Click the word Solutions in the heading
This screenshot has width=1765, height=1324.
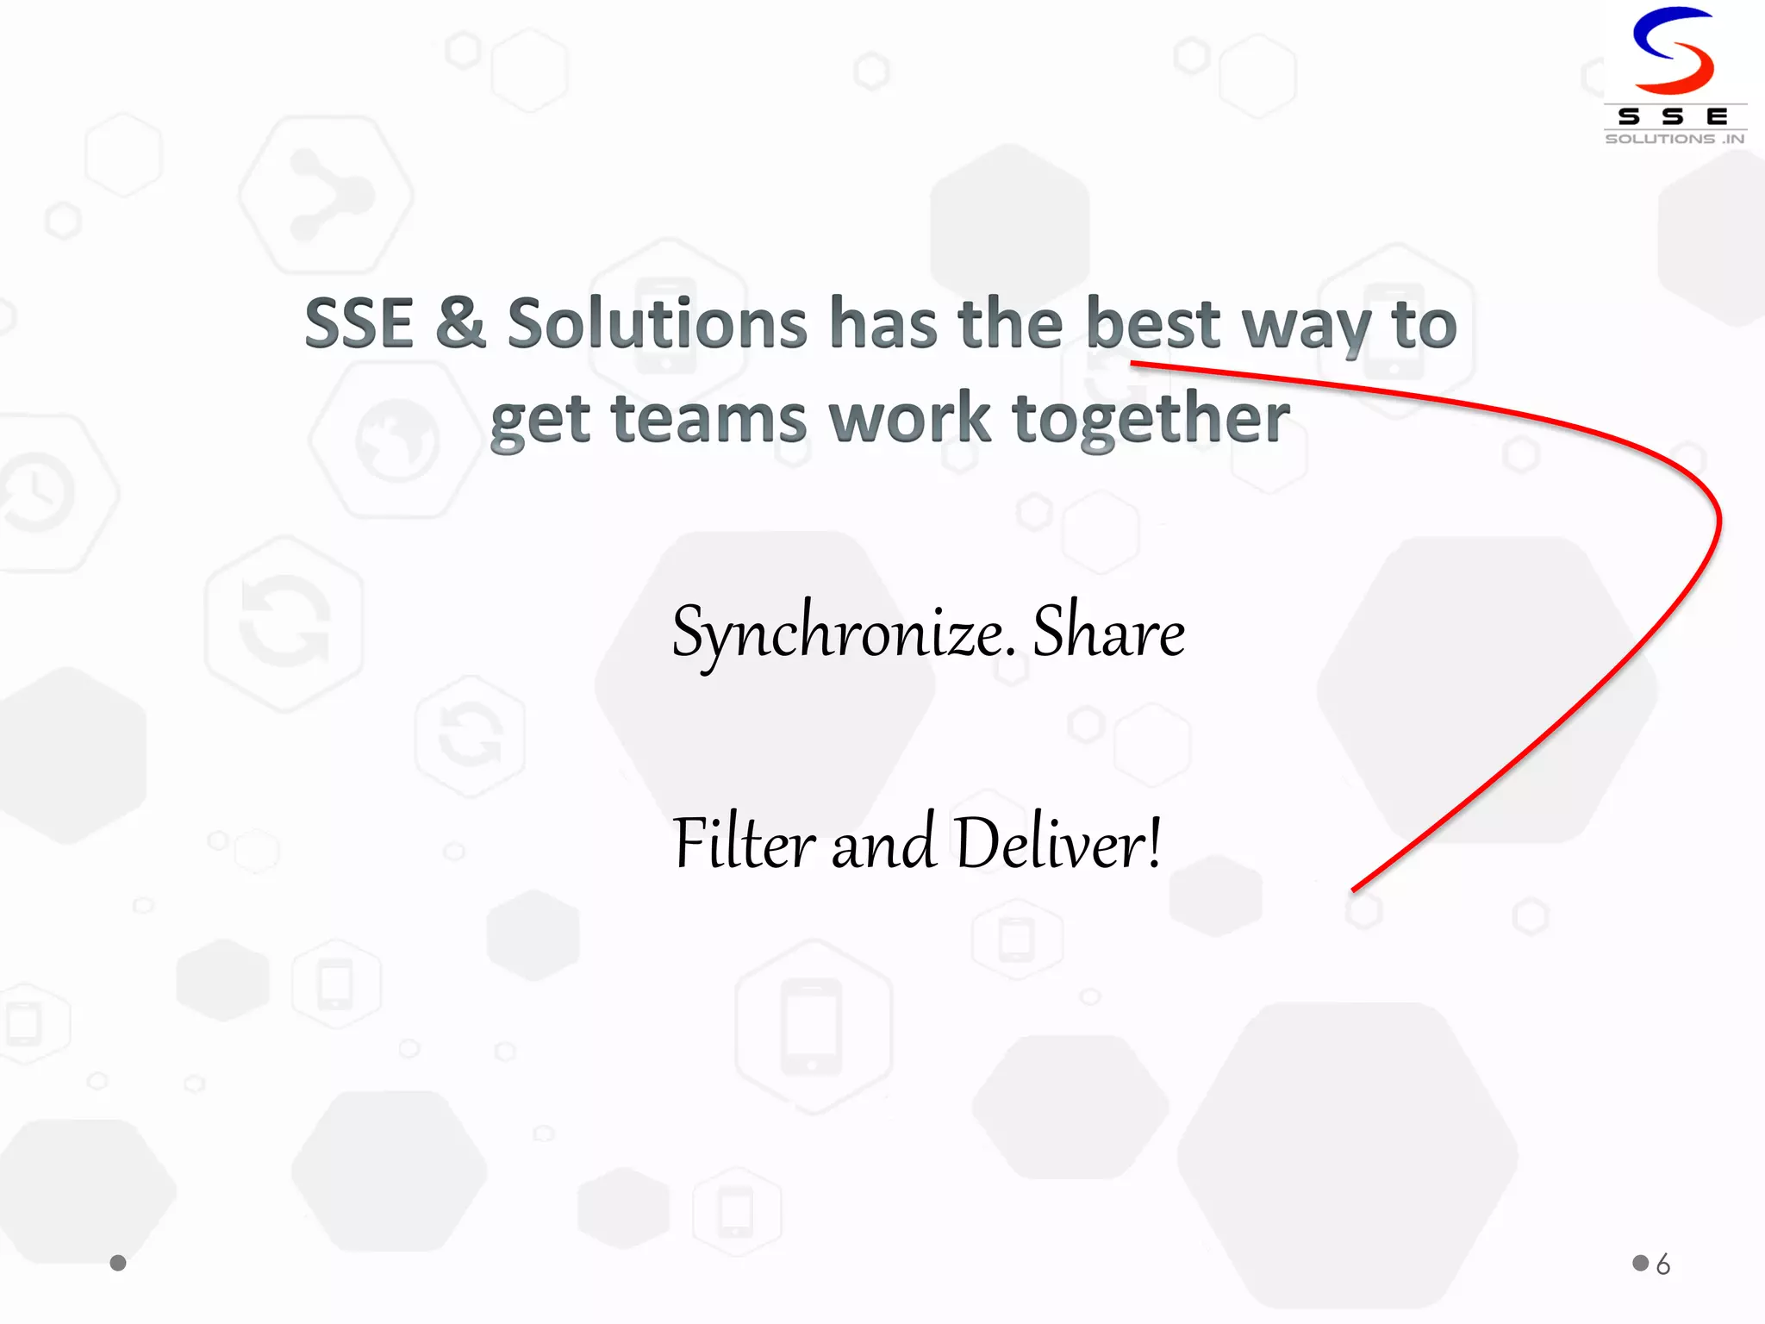tap(657, 324)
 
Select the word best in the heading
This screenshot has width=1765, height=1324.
tap(1153, 324)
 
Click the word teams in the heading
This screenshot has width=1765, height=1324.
tap(708, 419)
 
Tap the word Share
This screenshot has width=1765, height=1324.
tap(1108, 632)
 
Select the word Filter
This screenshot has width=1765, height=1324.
tap(744, 843)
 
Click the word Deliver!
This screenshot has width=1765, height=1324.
tap(1058, 843)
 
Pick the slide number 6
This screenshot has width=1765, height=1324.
tap(1663, 1265)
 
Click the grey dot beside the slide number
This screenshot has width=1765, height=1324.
tap(1640, 1263)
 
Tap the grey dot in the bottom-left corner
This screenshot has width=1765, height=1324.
tap(118, 1263)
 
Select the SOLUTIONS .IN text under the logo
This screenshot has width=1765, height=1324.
tap(1675, 139)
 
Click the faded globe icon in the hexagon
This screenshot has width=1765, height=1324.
tap(397, 440)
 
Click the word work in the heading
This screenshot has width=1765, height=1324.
tap(909, 419)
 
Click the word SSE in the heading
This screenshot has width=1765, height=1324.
tap(359, 324)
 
